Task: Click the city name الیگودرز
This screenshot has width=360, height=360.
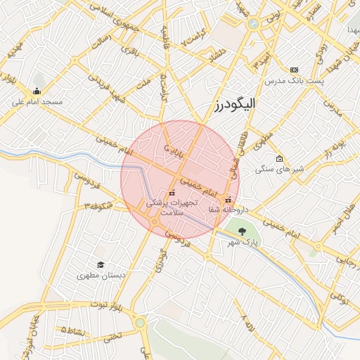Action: [x=236, y=104]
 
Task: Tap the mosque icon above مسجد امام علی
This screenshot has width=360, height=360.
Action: [x=37, y=91]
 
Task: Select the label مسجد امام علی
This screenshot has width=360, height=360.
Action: [x=37, y=103]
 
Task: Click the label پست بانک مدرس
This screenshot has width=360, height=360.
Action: [x=295, y=82]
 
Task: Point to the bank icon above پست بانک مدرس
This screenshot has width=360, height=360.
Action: [x=294, y=70]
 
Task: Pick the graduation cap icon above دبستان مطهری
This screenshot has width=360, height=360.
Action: [x=101, y=265]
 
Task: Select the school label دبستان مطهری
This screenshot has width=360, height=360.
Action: [x=101, y=276]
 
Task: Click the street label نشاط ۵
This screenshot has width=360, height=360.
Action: [x=74, y=329]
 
